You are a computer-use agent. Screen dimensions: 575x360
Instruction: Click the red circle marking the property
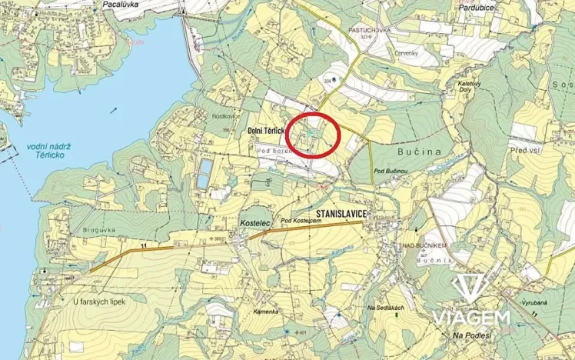[313, 135]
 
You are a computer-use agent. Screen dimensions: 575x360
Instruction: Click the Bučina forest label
[419, 152]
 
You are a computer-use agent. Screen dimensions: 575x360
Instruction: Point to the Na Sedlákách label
[386, 307]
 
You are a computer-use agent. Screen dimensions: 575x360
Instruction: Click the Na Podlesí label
[472, 335]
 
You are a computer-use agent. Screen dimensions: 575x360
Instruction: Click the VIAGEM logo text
[470, 317]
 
